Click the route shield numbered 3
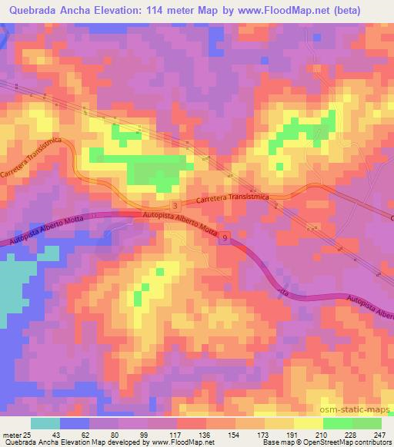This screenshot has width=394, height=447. click(176, 206)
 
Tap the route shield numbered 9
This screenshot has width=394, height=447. click(225, 239)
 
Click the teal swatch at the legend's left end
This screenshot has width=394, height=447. click(45, 424)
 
